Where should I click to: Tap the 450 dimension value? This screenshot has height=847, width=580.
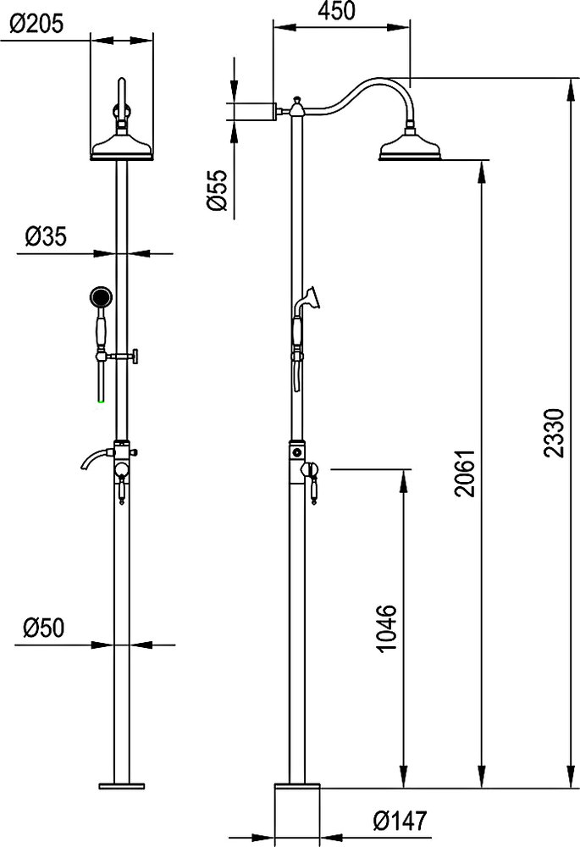[x=336, y=11]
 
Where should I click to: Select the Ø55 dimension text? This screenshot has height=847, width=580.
[x=217, y=190]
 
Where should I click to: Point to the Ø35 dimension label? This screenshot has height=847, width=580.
[x=46, y=236]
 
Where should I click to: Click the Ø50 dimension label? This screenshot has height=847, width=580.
[x=43, y=627]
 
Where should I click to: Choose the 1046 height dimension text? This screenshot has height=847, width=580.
[x=387, y=629]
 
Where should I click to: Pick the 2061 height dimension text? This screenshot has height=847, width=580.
[x=465, y=472]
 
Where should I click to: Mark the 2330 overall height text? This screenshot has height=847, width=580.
[x=554, y=433]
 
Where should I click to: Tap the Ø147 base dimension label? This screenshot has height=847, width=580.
[x=400, y=821]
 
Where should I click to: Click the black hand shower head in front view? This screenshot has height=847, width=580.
[x=101, y=296]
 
